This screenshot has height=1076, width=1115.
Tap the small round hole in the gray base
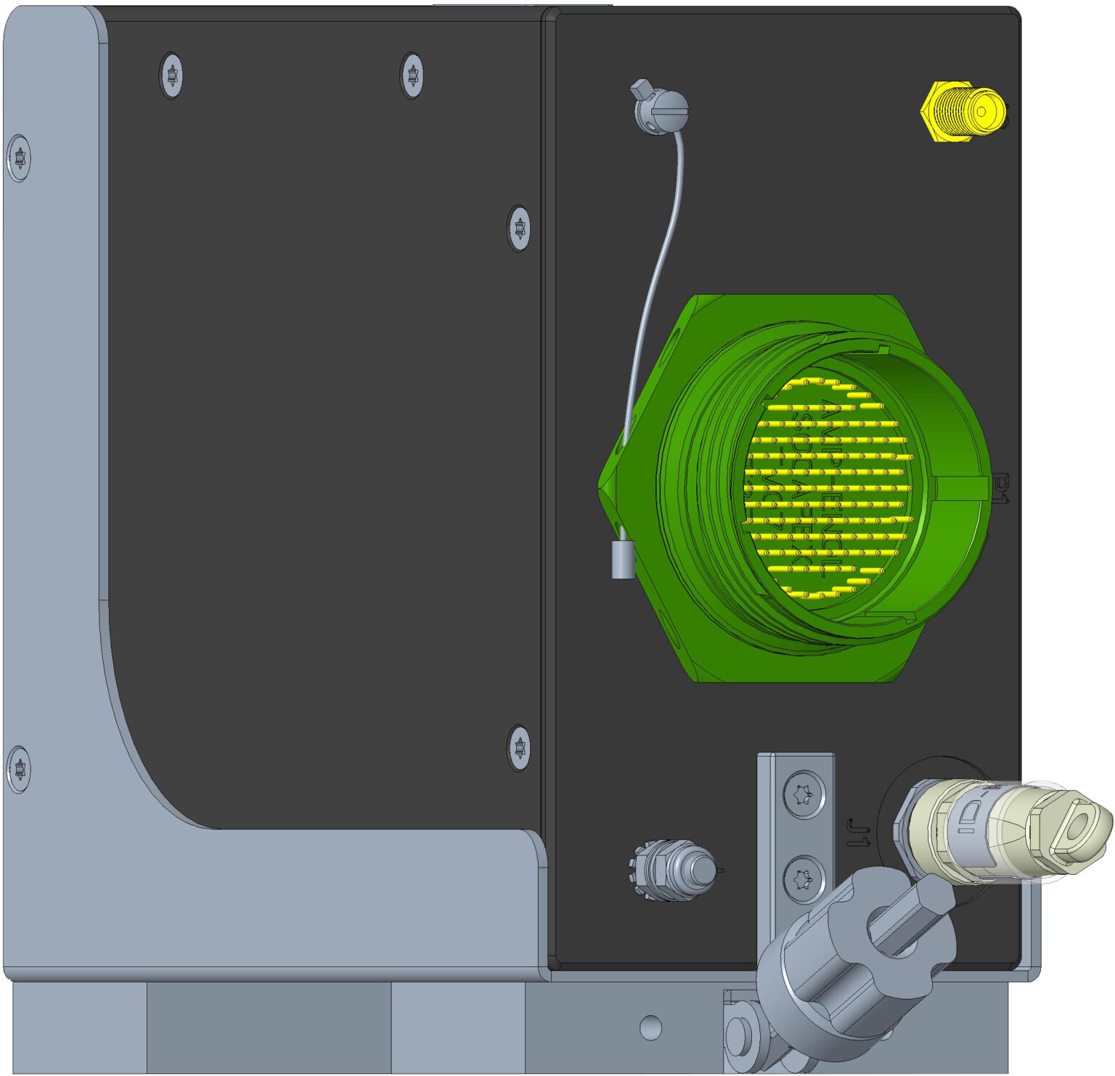(x=650, y=1027)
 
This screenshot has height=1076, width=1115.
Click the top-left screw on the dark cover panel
(x=171, y=75)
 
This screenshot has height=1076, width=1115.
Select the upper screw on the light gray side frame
(x=20, y=158)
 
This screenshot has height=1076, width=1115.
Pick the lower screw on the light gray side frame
(x=20, y=768)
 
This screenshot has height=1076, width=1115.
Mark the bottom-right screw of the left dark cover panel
(x=518, y=746)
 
